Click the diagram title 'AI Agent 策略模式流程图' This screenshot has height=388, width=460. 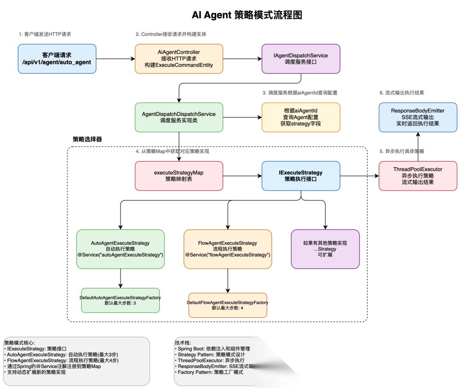tap(247, 15)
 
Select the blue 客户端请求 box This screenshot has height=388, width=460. tap(57, 59)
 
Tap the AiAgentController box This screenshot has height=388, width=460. tap(178, 58)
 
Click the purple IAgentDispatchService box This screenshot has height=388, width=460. tap(301, 58)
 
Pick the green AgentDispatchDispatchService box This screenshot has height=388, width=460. tap(178, 117)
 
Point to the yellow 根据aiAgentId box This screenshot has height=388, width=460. tap(301, 117)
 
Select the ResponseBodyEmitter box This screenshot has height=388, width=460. tap(417, 117)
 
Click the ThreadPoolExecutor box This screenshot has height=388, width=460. tap(417, 176)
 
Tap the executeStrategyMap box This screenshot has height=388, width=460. tap(178, 176)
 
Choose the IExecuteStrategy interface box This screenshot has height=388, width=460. tap(301, 176)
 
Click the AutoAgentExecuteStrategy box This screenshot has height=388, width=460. tap(121, 249)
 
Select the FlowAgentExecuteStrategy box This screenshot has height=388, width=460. tap(227, 249)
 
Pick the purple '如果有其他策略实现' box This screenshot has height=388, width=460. tap(325, 249)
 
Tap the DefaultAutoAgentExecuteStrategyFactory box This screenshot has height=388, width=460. tap(121, 300)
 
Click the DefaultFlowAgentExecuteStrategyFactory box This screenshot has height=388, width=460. tap(227, 305)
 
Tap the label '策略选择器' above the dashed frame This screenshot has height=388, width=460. tap(87, 139)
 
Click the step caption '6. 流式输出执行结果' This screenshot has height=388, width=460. tap(401, 93)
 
